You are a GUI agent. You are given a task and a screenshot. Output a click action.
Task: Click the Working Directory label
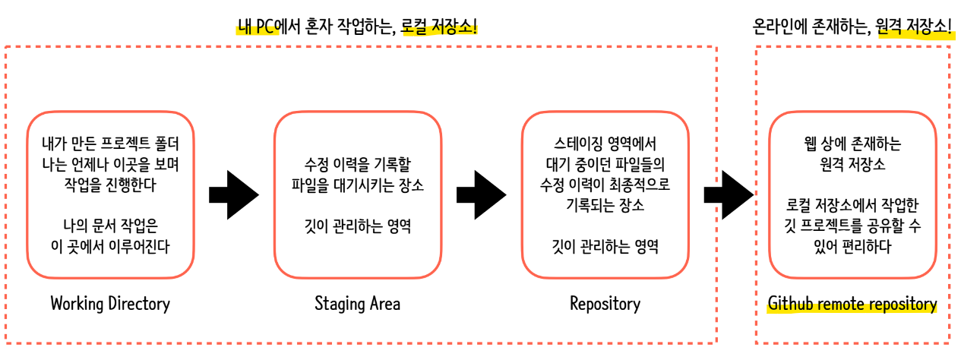110,304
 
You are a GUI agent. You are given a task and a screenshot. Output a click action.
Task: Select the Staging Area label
357,304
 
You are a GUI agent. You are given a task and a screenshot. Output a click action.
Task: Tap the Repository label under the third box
605,304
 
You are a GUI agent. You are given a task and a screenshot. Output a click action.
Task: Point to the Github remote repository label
852,305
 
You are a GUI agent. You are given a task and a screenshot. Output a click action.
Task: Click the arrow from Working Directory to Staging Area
232,195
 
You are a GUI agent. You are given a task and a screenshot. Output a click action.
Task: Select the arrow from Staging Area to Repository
480,195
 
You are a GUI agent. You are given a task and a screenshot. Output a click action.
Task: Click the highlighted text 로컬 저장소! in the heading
441,29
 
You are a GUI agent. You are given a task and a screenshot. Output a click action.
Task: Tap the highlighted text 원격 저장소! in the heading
914,29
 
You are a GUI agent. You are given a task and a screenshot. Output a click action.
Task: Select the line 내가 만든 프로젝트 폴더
110,144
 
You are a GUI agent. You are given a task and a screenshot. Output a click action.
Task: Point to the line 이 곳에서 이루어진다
110,245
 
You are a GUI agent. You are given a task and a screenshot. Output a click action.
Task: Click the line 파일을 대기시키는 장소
357,185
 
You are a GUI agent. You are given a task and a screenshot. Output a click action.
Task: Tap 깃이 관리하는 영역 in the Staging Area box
357,226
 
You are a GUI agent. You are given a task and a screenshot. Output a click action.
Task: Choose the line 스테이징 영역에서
605,144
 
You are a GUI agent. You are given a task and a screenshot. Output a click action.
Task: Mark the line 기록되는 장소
605,205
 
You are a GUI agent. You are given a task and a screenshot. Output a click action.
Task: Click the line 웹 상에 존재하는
852,144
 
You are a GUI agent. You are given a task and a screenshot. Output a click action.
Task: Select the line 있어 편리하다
852,246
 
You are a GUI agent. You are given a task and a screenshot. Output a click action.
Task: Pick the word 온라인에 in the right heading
779,29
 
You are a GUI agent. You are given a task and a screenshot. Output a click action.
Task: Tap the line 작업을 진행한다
110,185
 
